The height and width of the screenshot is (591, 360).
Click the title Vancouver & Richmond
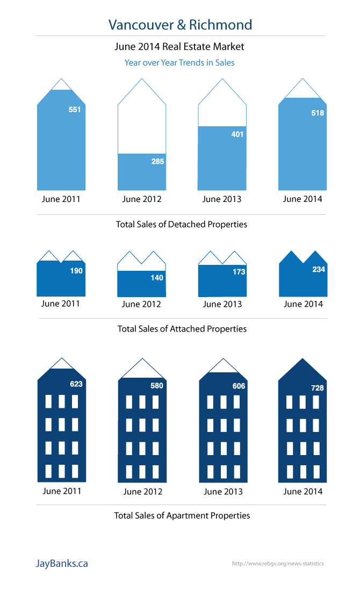[x=180, y=25]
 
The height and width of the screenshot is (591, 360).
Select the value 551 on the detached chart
[x=75, y=110]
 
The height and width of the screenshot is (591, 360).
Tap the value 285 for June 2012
[x=157, y=161]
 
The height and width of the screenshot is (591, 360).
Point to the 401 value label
[x=237, y=134]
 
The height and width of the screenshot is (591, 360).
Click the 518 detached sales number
[x=318, y=113]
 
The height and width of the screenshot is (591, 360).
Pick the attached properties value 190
[x=76, y=271]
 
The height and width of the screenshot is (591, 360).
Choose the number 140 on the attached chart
[x=157, y=278]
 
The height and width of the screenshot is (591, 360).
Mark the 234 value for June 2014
[x=319, y=269]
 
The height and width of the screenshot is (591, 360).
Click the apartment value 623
[x=76, y=384]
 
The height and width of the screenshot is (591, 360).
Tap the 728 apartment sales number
[x=318, y=388]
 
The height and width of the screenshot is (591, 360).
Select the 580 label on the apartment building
[x=157, y=385]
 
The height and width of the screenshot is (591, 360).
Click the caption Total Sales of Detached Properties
[x=182, y=224]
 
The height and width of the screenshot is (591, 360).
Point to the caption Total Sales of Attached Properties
[x=182, y=328]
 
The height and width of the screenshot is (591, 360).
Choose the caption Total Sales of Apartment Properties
[x=182, y=515]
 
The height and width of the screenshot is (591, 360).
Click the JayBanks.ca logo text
[x=62, y=564]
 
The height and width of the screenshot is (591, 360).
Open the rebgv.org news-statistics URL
[x=278, y=564]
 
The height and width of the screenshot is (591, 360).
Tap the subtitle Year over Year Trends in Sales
[x=179, y=62]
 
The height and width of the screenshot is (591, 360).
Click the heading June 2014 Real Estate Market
[x=179, y=47]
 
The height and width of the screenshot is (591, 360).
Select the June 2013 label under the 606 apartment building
[x=223, y=491]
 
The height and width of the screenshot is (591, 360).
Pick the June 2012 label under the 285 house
[x=142, y=199]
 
